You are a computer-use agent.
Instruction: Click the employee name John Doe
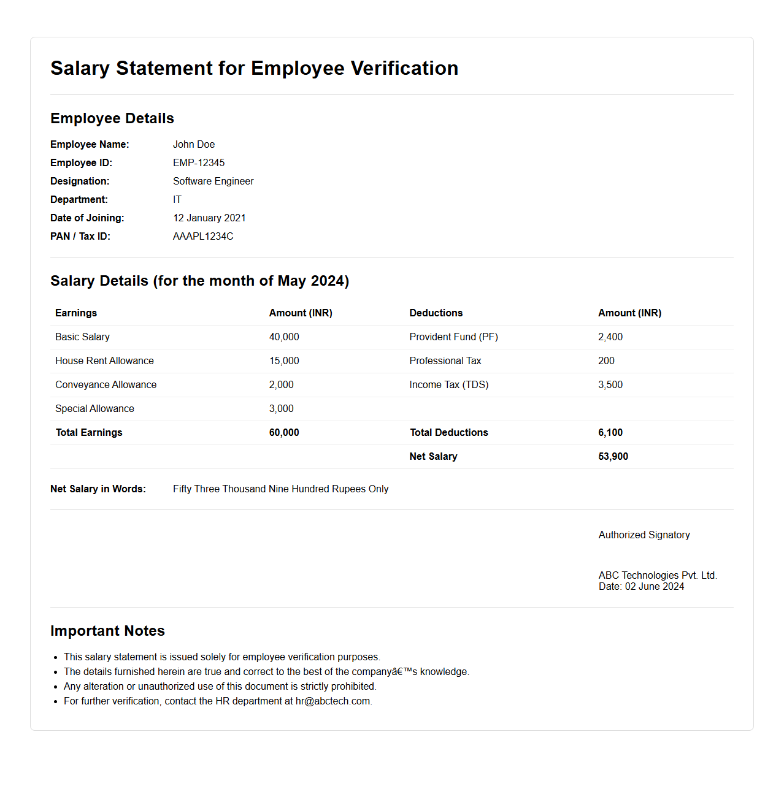(194, 145)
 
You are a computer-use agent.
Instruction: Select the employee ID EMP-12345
(199, 163)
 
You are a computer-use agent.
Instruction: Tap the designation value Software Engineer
(213, 181)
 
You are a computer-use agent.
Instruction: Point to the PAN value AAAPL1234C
(203, 237)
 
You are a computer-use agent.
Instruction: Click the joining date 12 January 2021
(209, 218)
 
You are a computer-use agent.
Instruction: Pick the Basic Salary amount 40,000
(284, 337)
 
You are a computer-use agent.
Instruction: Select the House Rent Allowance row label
(104, 361)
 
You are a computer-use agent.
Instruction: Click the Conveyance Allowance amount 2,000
(281, 385)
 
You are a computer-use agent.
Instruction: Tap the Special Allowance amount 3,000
(281, 409)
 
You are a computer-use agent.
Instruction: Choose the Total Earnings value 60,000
(284, 433)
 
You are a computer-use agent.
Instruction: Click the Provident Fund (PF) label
(453, 337)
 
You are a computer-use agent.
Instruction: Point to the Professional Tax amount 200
(606, 361)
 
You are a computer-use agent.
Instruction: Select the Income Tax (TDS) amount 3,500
(610, 385)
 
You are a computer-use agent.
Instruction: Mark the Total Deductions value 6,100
(610, 433)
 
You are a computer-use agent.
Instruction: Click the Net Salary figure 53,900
(613, 457)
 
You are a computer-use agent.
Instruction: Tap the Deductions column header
(436, 313)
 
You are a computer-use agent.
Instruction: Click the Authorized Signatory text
(644, 535)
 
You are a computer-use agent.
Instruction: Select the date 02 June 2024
(654, 587)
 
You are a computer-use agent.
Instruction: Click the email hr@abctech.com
(332, 701)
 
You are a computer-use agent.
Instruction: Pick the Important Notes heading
(107, 631)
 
